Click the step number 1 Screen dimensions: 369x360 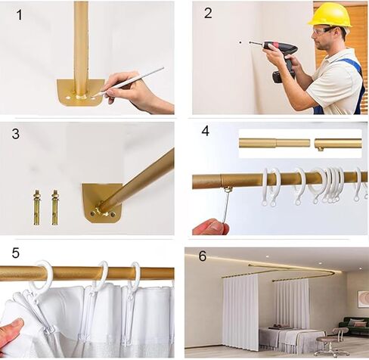coord(20,15)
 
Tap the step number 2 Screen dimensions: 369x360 coord(208,13)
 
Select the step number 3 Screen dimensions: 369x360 coord(16,134)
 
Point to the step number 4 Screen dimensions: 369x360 coord(206,131)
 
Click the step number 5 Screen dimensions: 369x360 coord(15,253)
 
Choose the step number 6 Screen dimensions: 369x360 coord(203,256)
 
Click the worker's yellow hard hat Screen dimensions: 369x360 coord(330,15)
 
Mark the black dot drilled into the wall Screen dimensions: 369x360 coord(240,42)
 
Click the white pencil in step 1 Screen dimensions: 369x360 coord(132,80)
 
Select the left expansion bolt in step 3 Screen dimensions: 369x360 coord(37,207)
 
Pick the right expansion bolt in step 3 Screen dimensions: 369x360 coord(54,207)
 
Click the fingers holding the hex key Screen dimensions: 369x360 coord(211,227)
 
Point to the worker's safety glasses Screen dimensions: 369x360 coord(324,30)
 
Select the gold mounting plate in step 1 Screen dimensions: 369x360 coord(81,92)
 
